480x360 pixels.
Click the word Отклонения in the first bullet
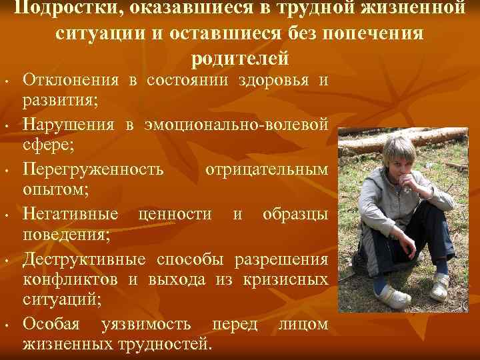[71, 81]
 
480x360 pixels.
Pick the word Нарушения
[67, 125]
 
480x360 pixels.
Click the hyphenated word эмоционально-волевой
[233, 125]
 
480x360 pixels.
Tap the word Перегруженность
[93, 169]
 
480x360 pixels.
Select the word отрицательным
[267, 169]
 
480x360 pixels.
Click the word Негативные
[72, 214]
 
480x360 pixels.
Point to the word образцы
[295, 214]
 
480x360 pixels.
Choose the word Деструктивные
[85, 259]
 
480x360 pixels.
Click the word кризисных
[291, 281]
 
